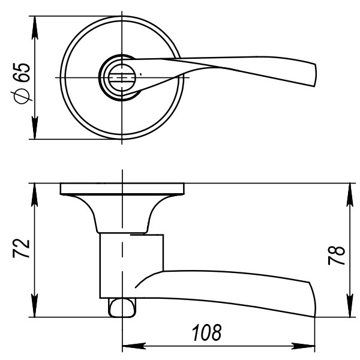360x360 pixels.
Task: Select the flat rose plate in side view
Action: click(x=121, y=188)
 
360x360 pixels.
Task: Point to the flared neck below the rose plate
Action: click(x=122, y=213)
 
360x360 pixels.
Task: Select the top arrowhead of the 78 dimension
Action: click(x=348, y=190)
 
